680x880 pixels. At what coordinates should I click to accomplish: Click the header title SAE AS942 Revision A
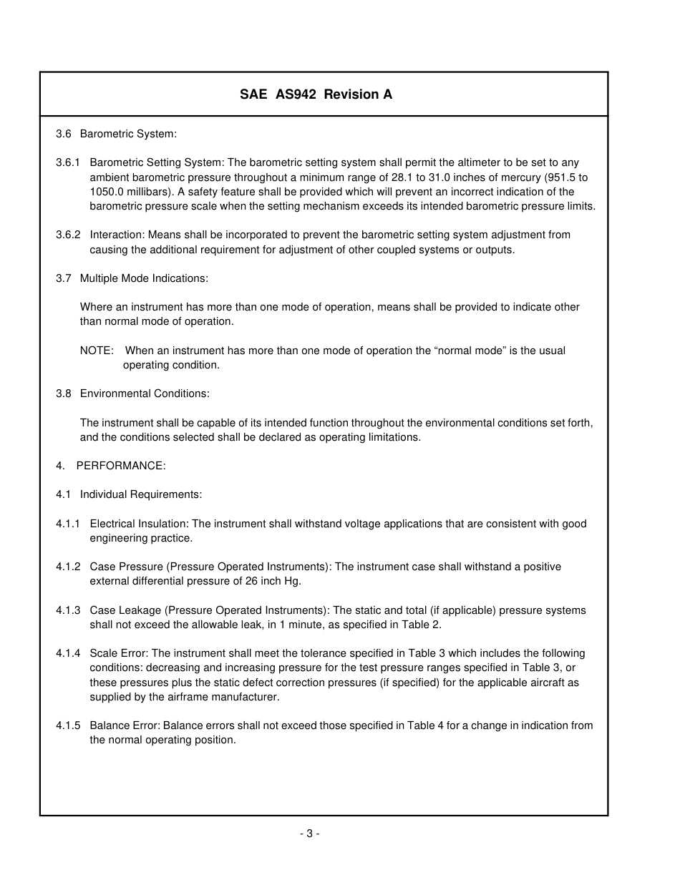[x=316, y=94]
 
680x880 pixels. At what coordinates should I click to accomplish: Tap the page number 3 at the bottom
[x=309, y=833]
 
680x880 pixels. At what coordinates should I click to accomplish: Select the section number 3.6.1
[x=68, y=163]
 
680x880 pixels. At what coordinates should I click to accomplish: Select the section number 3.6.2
[x=68, y=235]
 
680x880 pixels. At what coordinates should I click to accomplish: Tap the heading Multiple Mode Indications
[x=144, y=278]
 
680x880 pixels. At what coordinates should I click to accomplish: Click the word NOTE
[x=97, y=351]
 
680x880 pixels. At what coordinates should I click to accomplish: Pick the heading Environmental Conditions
[x=145, y=393]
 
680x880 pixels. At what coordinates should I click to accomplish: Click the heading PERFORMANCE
[x=121, y=466]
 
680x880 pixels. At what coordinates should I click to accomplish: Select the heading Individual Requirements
[x=141, y=494]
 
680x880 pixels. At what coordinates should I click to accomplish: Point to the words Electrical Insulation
[x=139, y=524]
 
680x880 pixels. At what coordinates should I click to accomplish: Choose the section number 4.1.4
[x=68, y=653]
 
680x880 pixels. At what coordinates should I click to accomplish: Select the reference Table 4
[x=425, y=725]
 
